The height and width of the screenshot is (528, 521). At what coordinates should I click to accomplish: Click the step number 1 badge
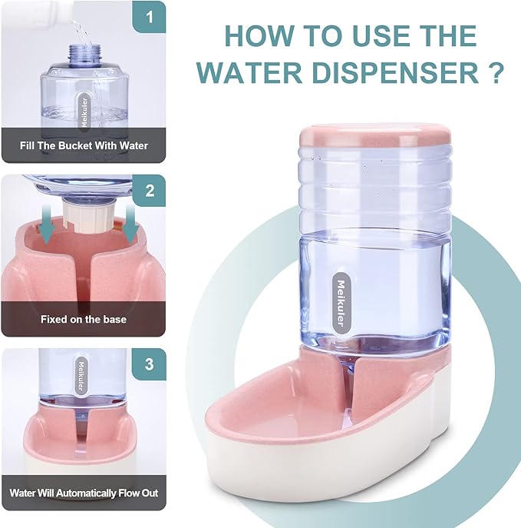(x=150, y=16)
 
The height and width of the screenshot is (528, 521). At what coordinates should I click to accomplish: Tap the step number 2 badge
(x=150, y=191)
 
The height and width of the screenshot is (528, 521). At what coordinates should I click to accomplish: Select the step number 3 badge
(x=150, y=364)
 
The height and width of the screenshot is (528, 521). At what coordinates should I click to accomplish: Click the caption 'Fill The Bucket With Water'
(x=84, y=144)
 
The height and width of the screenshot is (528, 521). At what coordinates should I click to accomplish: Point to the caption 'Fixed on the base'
(x=84, y=318)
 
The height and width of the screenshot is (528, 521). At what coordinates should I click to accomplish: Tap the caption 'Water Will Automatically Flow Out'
(x=84, y=492)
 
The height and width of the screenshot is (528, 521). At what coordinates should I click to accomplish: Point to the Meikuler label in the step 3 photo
(x=80, y=374)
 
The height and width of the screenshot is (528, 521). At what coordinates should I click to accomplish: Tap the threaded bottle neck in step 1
(x=84, y=53)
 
